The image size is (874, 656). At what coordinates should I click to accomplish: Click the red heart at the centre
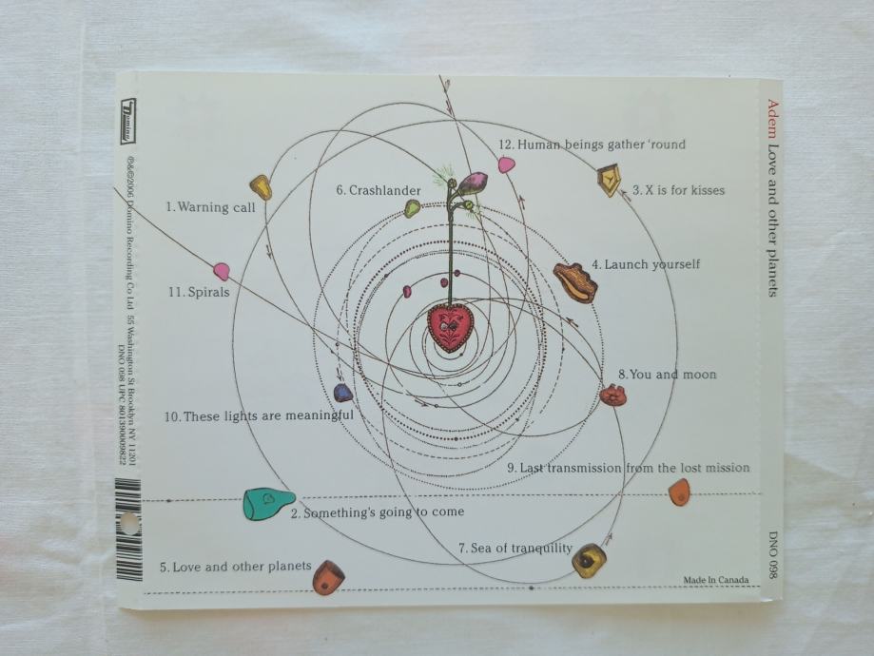450,325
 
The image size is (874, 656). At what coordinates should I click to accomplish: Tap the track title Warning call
210,206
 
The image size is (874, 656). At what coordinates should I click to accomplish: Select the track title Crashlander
379,190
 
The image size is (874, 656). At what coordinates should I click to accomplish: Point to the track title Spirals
199,292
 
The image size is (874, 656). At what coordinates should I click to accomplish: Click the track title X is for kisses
678,190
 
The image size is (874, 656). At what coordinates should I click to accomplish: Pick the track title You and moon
667,375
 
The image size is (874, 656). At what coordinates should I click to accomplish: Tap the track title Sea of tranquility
515,548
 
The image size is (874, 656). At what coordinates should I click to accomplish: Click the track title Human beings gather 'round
592,145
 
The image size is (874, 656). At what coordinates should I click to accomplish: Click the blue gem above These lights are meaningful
343,392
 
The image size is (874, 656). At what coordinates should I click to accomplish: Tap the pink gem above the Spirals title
222,271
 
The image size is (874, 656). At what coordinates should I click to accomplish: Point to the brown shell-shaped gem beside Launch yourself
574,282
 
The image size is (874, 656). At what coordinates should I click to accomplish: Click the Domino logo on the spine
127,121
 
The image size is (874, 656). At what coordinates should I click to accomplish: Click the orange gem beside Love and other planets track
328,576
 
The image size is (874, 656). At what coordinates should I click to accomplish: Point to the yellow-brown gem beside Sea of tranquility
589,560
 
